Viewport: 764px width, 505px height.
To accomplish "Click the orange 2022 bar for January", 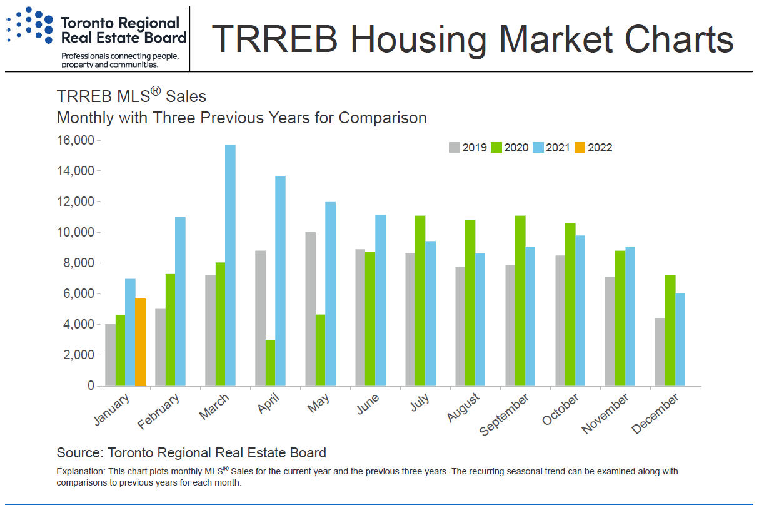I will pyautogui.click(x=141, y=342).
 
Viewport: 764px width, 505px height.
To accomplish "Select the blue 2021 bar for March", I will pyautogui.click(x=230, y=265).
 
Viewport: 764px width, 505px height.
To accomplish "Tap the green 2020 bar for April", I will pyautogui.click(x=270, y=363).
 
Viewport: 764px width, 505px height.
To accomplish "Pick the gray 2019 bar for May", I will pyautogui.click(x=311, y=309).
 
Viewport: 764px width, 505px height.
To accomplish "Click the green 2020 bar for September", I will pyautogui.click(x=520, y=301).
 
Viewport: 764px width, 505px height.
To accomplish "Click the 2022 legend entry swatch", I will pyautogui.click(x=579, y=148).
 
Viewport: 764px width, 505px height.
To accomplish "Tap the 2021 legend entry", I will pyautogui.click(x=552, y=148).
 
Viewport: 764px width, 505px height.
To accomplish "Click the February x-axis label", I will pyautogui.click(x=159, y=412).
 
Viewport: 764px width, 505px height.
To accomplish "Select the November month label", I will pyautogui.click(x=605, y=414).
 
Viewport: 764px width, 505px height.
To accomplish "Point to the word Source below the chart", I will pyautogui.click(x=79, y=452).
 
